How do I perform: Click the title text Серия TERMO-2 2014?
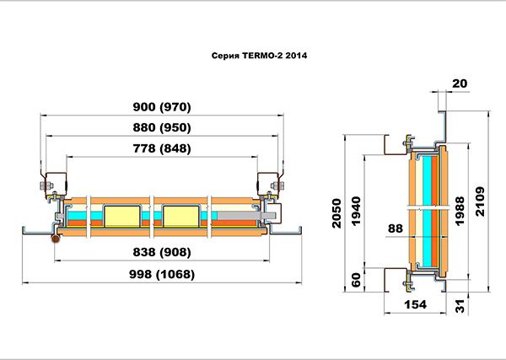[x=259, y=56]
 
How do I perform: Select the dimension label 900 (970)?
[x=162, y=107]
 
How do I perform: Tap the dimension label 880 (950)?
[x=162, y=127]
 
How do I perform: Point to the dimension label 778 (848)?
[x=162, y=148]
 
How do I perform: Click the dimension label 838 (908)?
[x=162, y=252]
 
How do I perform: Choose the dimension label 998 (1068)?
[x=162, y=274]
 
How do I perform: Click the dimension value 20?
[x=460, y=83]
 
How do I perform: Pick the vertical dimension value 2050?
[x=336, y=213]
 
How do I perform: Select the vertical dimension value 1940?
[x=356, y=211]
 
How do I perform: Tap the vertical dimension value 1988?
[x=460, y=211]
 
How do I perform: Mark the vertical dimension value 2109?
[x=480, y=201]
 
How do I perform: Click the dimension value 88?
[x=396, y=228]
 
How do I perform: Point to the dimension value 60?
[x=356, y=280]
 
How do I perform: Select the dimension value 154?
[x=415, y=304]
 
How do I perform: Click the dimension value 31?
[x=460, y=306]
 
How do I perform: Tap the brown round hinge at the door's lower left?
[x=56, y=239]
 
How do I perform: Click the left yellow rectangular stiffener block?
[x=122, y=217]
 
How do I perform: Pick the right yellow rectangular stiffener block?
[x=181, y=217]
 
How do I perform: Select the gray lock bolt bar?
[x=246, y=216]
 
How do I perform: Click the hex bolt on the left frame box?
[x=46, y=185]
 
